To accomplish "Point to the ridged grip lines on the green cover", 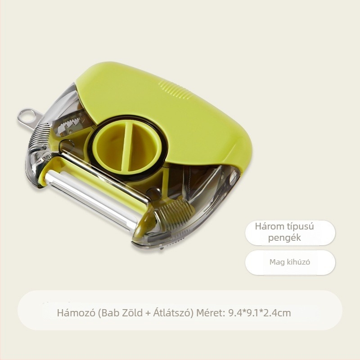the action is tap(175, 90).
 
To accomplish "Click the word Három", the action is tap(270, 227).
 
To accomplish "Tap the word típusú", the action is tap(300, 227).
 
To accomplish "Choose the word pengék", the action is tap(284, 238).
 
